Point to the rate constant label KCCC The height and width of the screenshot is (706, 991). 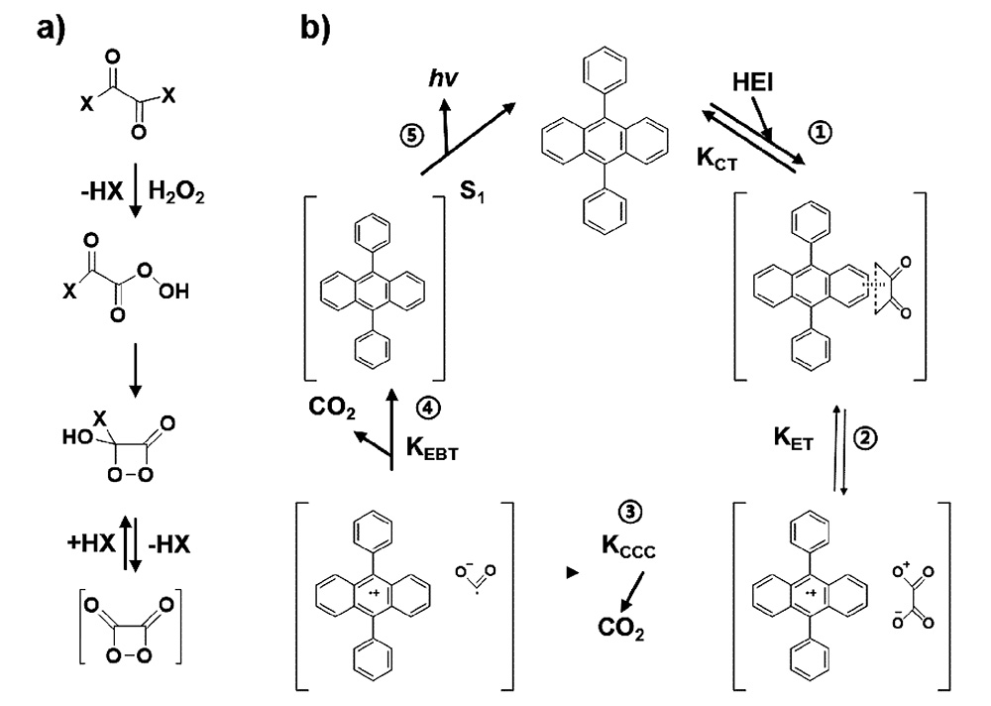coord(632,547)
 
